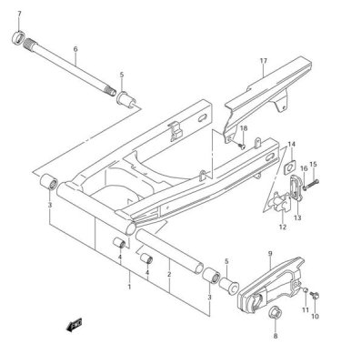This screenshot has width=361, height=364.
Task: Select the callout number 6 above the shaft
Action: pos(75,49)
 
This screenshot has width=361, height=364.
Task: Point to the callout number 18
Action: pos(243,129)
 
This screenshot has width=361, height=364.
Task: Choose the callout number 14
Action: pos(293,145)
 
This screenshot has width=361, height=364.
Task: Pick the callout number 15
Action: pos(313,165)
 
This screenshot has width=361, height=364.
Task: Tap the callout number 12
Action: pos(281,227)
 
